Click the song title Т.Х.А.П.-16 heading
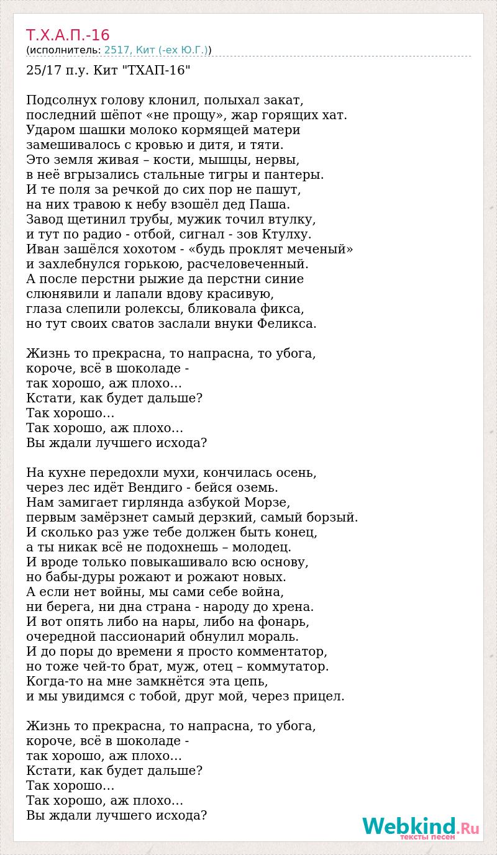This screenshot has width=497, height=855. tap(68, 34)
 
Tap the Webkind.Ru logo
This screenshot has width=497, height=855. tap(421, 827)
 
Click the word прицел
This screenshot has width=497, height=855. tap(317, 696)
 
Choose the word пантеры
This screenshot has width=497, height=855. tap(296, 174)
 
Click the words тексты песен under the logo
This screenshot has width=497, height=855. tap(427, 837)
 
